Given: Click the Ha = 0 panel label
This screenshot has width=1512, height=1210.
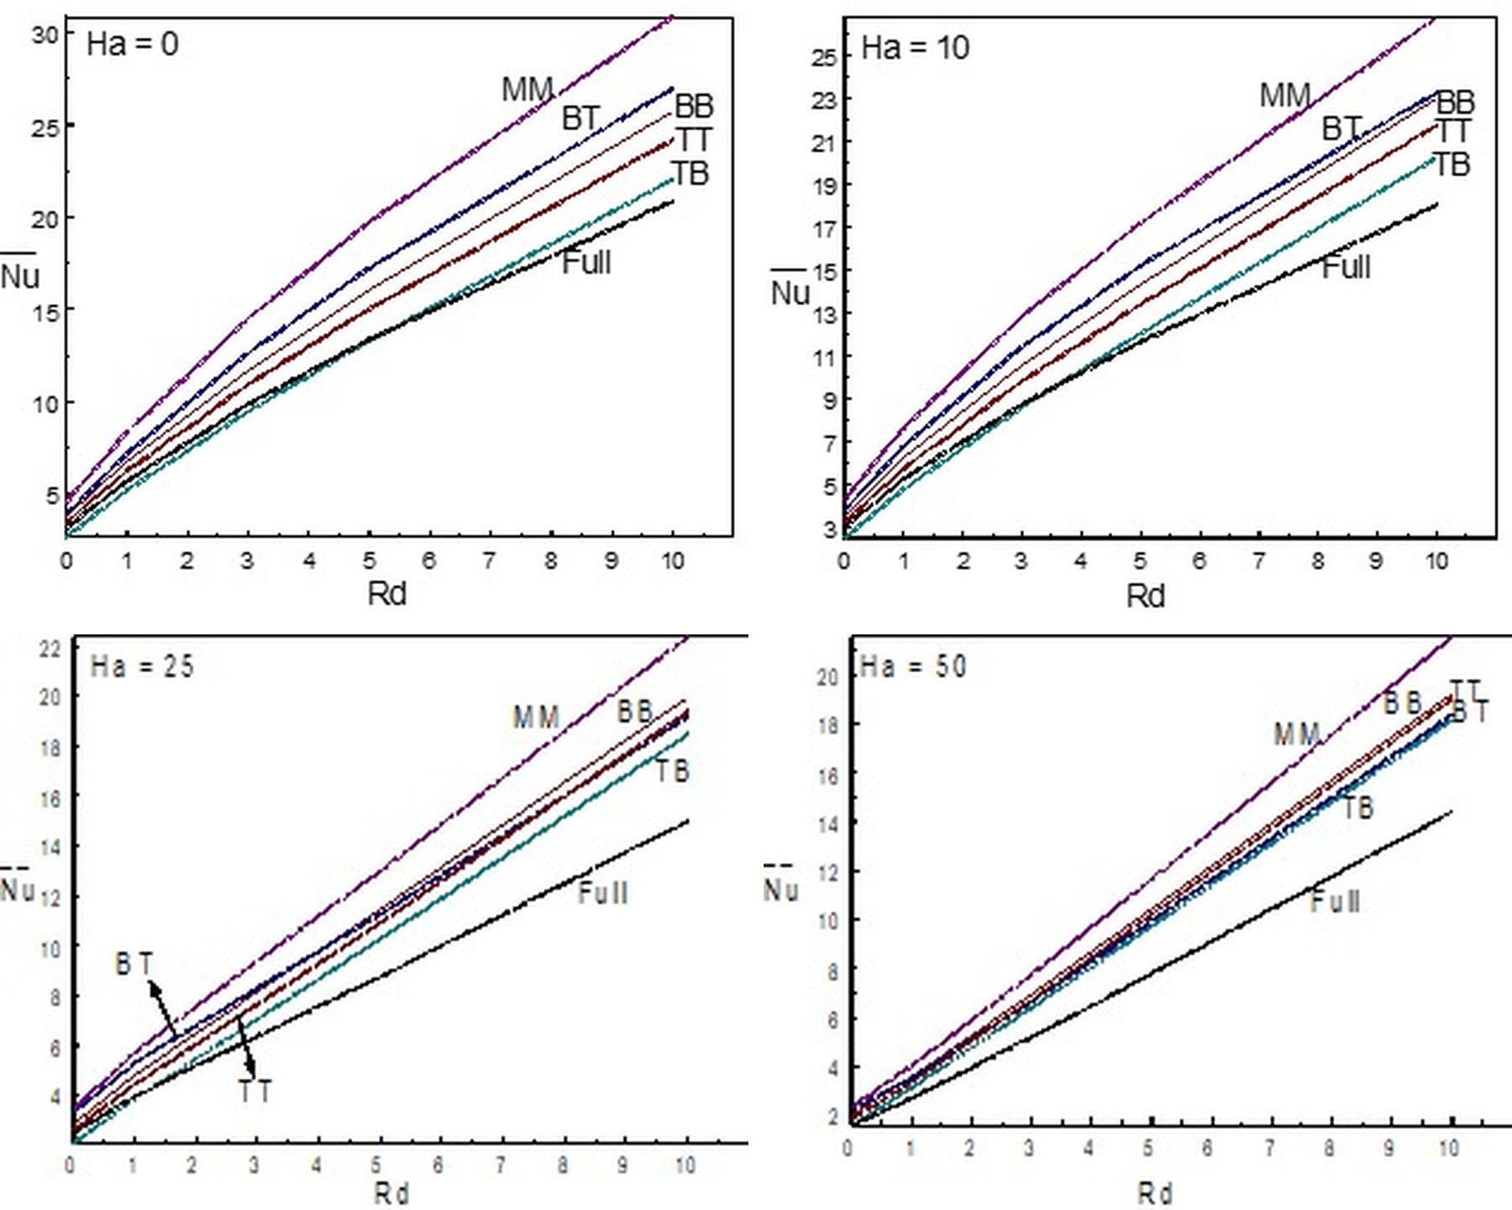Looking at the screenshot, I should click(x=133, y=44).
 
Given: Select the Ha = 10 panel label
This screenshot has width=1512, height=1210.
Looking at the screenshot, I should click(x=915, y=48).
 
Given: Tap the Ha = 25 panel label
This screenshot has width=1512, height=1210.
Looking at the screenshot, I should click(x=142, y=667).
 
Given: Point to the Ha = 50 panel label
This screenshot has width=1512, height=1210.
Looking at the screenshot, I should click(x=913, y=667).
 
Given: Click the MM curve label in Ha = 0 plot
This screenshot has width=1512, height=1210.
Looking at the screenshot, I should click(x=527, y=90).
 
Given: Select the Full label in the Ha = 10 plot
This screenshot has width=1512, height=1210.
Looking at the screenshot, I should click(x=1346, y=268).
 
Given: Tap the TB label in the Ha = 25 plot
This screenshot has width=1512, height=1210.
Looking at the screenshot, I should click(x=672, y=771).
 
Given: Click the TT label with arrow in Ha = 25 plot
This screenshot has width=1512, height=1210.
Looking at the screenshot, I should click(x=255, y=1092).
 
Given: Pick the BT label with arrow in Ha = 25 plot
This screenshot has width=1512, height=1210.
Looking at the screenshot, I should click(x=134, y=964).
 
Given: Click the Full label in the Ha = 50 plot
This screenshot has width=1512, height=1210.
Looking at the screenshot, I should click(x=1335, y=902).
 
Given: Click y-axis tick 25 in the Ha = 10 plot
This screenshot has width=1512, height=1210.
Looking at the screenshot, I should click(x=824, y=57).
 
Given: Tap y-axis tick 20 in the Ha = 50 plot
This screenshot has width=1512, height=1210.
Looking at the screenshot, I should click(x=827, y=676).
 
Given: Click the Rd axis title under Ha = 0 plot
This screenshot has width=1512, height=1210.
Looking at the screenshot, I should click(x=386, y=594).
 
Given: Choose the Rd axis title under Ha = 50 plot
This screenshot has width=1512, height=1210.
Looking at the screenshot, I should click(x=1155, y=1193).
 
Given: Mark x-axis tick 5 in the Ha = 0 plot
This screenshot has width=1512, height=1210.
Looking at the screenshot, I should click(x=370, y=560).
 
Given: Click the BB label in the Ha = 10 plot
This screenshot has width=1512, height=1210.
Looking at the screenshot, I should click(x=1455, y=103).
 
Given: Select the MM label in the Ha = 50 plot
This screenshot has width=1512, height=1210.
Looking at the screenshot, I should click(x=1297, y=735).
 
